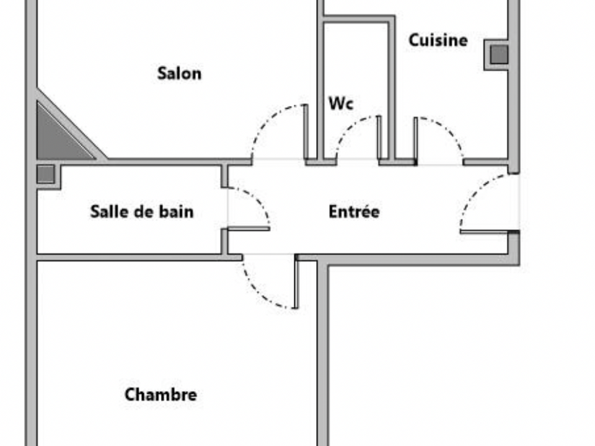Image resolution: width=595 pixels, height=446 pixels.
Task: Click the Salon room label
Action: coord(179,74)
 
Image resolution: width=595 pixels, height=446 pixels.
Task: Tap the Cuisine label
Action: coord(438,40)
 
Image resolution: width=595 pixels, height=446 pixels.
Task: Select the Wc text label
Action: coord(341,103)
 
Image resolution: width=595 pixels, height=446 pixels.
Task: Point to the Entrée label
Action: coord(354,212)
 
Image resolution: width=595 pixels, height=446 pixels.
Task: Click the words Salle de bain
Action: coord(142,212)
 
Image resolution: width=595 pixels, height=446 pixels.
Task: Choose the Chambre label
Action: coord(161,395)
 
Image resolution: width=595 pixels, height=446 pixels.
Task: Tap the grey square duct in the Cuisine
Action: coord(499,55)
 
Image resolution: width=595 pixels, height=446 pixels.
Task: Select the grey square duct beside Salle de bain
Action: coord(45,174)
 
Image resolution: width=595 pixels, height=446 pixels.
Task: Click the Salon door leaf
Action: coord(306,131)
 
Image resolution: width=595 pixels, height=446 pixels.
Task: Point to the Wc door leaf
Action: coord(379,138)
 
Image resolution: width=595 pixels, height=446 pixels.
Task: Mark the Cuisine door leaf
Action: coord(415,140)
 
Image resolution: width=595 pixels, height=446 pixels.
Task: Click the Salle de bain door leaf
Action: coord(249,229)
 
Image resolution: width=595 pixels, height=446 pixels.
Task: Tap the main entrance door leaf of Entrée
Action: coord(484,231)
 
